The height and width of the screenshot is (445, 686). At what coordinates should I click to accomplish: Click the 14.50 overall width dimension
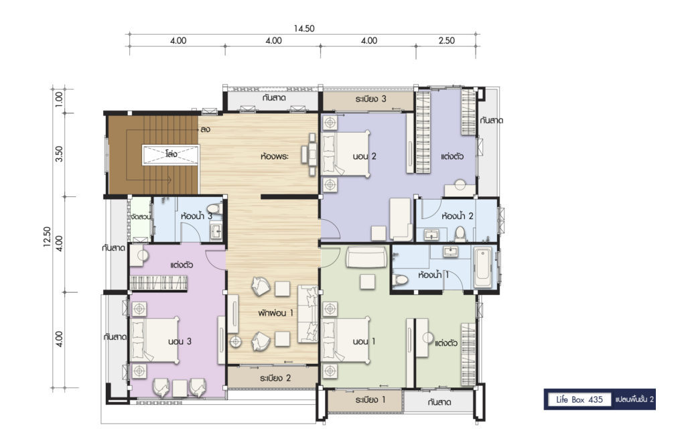(304, 29)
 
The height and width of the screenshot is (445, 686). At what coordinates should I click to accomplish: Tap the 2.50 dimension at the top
(447, 41)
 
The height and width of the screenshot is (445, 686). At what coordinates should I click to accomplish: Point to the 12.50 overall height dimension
(48, 237)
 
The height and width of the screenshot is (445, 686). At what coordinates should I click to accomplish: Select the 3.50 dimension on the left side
(59, 154)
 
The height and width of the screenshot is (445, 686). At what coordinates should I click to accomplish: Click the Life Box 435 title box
(579, 399)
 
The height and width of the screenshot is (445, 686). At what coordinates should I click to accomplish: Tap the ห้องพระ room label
(274, 155)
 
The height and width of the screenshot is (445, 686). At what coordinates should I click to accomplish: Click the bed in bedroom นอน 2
(346, 153)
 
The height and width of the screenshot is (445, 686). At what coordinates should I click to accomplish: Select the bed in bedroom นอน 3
(155, 340)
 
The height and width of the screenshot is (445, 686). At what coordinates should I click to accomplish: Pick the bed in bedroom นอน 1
(346, 340)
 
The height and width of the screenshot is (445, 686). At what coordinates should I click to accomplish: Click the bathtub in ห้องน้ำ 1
(483, 267)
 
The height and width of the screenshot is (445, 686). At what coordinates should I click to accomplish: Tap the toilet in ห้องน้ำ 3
(214, 208)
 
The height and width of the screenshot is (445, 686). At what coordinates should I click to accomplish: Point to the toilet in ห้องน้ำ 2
(460, 234)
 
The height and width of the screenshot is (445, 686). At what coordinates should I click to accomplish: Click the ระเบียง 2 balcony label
(275, 378)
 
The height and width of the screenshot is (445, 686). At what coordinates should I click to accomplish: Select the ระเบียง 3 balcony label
(370, 99)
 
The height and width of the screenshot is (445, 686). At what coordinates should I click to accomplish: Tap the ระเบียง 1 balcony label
(370, 400)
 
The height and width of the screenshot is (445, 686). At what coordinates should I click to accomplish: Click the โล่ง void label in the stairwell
(171, 154)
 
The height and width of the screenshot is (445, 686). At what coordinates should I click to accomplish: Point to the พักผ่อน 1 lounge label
(275, 313)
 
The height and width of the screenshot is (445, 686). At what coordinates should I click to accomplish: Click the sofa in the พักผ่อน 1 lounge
(308, 314)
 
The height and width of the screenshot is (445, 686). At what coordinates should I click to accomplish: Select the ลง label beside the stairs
(205, 129)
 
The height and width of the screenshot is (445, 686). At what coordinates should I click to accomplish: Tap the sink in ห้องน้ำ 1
(450, 251)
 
